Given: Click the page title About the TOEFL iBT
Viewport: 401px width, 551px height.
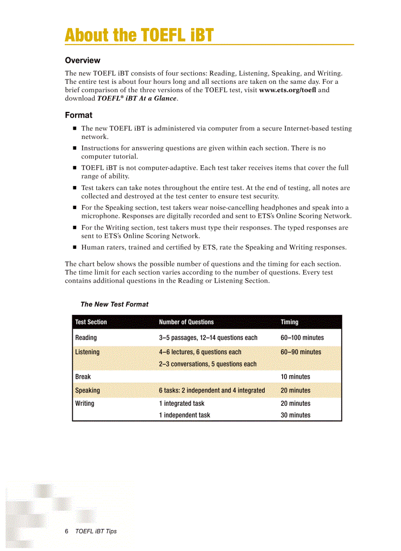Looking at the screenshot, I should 139,35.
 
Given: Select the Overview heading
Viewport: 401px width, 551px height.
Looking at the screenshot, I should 83,60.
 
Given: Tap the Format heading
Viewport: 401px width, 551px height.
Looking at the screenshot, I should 79,115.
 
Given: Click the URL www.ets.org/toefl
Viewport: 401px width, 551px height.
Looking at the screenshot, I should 287,90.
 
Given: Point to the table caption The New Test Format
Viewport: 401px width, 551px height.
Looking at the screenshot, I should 115,304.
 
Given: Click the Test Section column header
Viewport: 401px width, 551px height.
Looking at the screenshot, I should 91,322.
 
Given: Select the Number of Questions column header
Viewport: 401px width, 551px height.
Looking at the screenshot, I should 186,322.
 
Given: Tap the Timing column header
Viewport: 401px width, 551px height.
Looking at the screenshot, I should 289,322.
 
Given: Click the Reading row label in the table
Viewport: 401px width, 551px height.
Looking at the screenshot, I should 86,338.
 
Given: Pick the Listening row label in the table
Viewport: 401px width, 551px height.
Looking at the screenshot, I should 87,352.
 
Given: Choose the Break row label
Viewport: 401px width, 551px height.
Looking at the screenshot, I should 83,377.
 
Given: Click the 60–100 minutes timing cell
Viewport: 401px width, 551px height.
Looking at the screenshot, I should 302,338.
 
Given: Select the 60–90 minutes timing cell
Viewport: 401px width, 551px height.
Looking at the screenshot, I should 301,352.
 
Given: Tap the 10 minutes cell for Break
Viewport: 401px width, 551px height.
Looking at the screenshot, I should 295,377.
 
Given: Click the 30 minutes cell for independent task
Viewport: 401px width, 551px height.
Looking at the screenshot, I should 295,415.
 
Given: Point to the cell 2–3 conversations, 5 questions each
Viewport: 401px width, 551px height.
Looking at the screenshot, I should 207,364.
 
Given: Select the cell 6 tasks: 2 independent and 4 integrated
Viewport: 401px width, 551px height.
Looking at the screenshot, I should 212,391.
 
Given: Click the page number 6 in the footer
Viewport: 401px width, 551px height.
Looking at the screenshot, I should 67,531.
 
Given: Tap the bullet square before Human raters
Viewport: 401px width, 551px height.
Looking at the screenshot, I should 75,247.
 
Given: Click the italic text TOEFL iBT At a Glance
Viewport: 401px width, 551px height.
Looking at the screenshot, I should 137,98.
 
